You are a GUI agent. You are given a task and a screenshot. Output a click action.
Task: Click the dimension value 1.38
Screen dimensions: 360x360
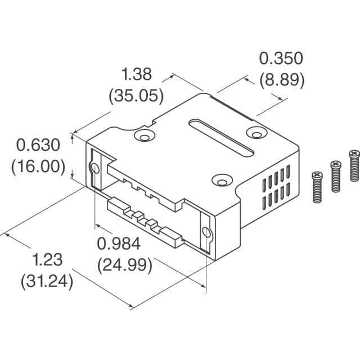click(x=137, y=73)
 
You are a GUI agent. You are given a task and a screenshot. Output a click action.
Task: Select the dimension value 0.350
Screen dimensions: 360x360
click(x=281, y=58)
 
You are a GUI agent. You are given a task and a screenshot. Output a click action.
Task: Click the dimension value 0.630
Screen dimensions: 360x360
click(x=38, y=146)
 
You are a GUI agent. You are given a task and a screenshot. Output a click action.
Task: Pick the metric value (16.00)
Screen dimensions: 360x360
click(x=38, y=167)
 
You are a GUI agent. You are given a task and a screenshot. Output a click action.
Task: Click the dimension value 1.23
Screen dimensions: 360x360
click(x=47, y=260)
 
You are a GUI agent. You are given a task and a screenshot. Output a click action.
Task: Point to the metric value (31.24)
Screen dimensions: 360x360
click(x=47, y=281)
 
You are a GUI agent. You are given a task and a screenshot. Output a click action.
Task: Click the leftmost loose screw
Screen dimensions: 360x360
click(x=317, y=187)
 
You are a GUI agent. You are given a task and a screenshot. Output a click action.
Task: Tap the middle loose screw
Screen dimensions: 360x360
click(x=335, y=176)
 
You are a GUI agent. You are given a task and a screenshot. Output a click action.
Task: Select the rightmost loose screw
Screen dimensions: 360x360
click(x=354, y=165)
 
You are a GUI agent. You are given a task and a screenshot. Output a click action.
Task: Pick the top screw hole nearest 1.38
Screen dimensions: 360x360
click(x=145, y=136)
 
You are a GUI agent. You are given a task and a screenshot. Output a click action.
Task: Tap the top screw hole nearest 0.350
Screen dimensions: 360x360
click(x=256, y=133)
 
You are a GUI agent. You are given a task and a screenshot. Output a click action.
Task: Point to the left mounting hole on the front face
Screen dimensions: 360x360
click(x=94, y=168)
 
